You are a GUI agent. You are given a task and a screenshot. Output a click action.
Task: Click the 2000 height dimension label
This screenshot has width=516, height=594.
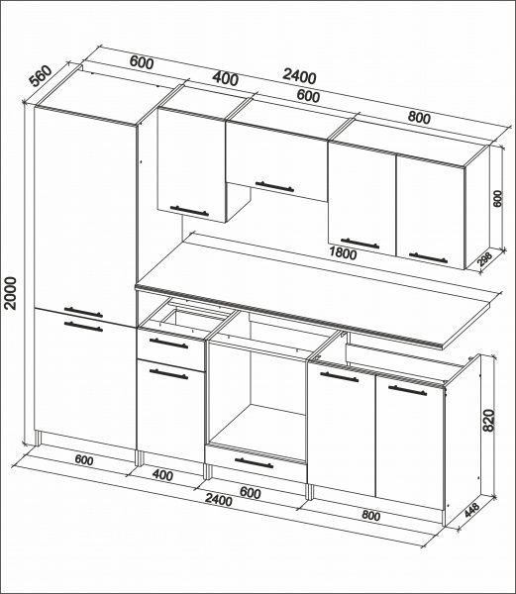(11, 293)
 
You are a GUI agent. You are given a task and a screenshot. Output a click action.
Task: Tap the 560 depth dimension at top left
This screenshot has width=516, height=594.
(41, 76)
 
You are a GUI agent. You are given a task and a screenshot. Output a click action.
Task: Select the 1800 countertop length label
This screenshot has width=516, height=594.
(343, 252)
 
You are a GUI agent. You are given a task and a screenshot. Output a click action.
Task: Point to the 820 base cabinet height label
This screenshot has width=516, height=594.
(488, 420)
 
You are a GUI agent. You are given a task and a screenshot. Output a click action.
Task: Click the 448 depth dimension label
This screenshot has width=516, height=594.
(472, 510)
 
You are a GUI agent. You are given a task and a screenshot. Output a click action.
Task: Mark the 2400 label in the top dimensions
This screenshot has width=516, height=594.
(299, 77)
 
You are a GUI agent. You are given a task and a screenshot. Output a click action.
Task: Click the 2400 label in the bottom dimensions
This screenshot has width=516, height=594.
(218, 500)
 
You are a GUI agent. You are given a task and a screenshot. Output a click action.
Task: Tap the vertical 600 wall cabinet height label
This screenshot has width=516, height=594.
(497, 198)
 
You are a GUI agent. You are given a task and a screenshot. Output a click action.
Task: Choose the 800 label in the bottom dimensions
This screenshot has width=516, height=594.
(370, 516)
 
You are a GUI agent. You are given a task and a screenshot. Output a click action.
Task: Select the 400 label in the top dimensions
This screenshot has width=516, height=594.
(226, 79)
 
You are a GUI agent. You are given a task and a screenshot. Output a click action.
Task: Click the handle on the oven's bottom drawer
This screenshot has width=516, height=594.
(254, 463)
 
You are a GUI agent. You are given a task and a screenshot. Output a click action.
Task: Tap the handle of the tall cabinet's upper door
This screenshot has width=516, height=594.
(83, 313)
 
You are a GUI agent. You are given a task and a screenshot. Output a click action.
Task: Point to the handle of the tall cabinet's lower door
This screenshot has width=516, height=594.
(83, 327)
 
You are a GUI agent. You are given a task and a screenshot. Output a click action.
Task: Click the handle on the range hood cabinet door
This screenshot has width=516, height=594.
(274, 187)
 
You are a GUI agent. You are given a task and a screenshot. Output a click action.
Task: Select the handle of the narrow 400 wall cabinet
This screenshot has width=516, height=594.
(189, 211)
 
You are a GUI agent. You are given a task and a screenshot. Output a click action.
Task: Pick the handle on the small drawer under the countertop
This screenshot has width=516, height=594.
(168, 344)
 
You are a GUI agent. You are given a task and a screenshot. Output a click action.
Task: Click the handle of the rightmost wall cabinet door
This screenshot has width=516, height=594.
(428, 258)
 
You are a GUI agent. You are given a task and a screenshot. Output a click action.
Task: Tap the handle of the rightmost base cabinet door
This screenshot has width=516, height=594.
(407, 391)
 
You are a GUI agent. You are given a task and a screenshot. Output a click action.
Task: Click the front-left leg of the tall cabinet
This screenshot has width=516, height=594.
(38, 439)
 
